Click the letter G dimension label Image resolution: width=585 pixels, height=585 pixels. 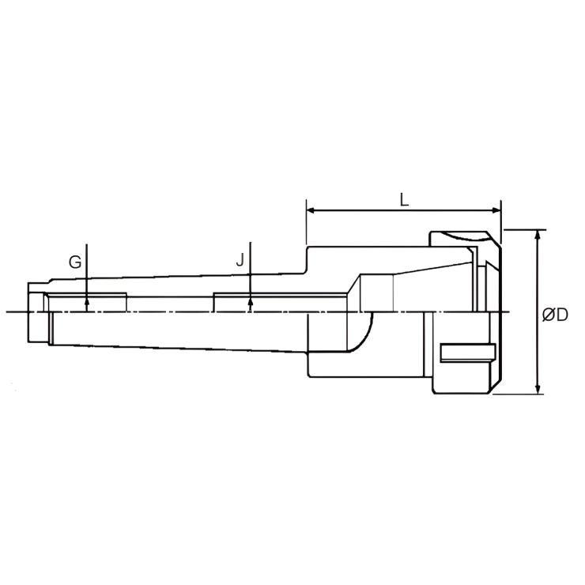75,262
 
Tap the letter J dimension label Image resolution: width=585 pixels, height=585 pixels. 240,260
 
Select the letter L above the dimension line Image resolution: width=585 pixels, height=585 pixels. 403,201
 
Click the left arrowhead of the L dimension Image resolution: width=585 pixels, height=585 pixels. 311,211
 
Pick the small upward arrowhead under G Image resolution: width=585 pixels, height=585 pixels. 87,300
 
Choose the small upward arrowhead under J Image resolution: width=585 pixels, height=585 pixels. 250,300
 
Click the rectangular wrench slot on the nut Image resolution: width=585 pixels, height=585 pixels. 467,353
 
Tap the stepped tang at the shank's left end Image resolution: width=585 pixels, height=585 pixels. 36,313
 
